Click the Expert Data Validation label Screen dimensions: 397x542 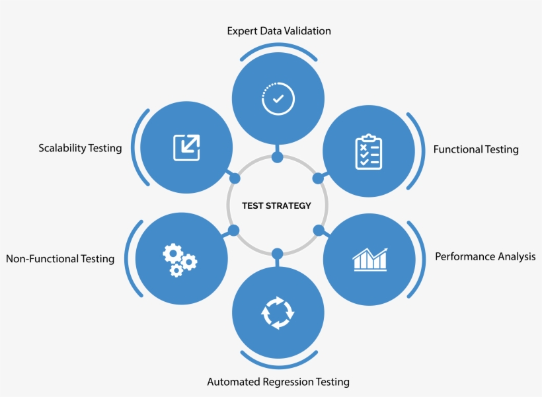coord(279,31)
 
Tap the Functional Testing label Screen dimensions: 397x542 coord(476,149)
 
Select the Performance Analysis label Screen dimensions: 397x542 coord(485,256)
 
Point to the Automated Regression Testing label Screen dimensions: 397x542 coord(278,382)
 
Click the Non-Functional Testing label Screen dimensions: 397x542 coord(60,259)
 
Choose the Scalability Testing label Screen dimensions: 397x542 coord(80,148)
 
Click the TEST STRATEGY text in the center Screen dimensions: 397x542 coord(276,205)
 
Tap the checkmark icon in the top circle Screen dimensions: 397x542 coord(278,98)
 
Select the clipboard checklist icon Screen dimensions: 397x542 coord(368,152)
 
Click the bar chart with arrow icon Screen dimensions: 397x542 coord(370,259)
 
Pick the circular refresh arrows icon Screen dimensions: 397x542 coord(278,312)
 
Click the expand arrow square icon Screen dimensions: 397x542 coord(186,147)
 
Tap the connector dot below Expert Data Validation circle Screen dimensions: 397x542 coord(278,157)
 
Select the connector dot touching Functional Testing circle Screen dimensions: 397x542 coord(318,178)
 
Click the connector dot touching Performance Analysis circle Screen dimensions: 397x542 coord(319,231)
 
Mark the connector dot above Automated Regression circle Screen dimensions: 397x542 coord(278,254)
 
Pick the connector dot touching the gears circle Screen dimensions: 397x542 coord(233,231)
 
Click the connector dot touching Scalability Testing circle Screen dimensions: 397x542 coord(234,178)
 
